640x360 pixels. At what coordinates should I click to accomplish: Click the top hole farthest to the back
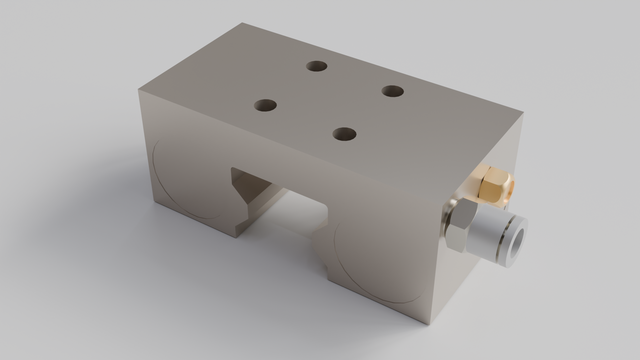click(x=317, y=66)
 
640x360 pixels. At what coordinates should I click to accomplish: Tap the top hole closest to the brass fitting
click(x=393, y=91)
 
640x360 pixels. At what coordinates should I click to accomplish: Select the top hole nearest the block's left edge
click(x=266, y=103)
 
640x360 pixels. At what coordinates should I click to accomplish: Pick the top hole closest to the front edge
click(x=345, y=132)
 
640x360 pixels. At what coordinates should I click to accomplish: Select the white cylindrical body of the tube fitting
click(x=495, y=237)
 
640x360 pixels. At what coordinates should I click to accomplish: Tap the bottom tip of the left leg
click(x=236, y=235)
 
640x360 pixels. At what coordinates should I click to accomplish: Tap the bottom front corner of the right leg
click(x=432, y=322)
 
